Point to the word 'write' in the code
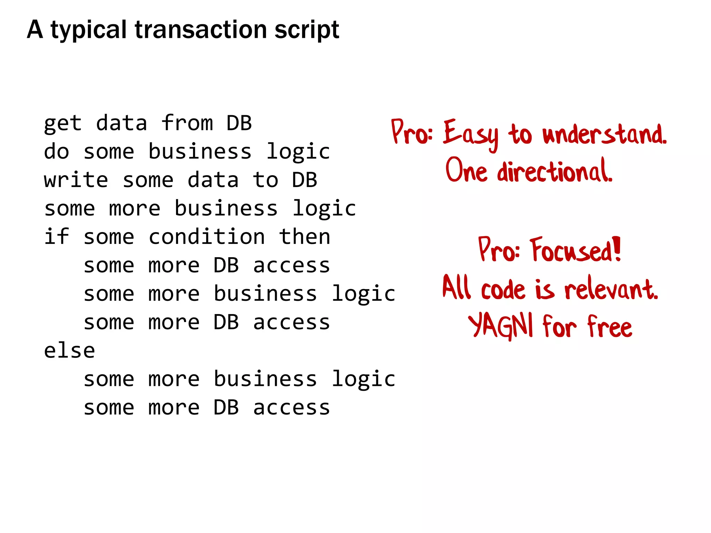[x=76, y=180]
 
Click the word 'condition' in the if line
[x=207, y=237]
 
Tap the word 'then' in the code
[x=304, y=237]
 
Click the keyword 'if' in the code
[x=57, y=237]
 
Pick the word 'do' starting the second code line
[x=57, y=152]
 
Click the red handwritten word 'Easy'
[x=471, y=134]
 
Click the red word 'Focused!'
[x=575, y=251]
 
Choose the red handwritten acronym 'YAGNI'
[x=500, y=326]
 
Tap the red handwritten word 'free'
[x=610, y=327]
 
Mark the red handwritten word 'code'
[x=503, y=289]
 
